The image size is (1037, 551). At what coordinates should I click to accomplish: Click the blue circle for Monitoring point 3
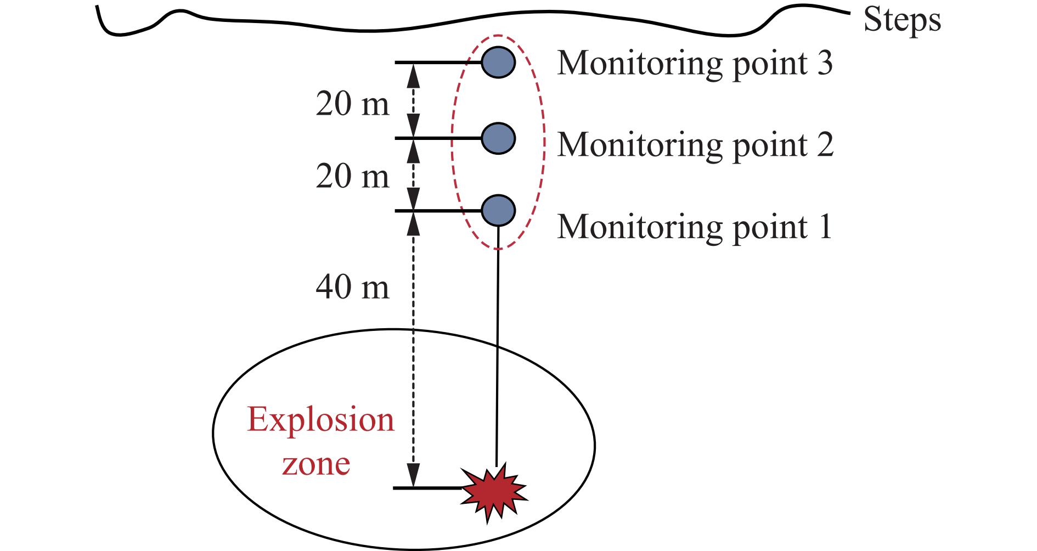click(498, 61)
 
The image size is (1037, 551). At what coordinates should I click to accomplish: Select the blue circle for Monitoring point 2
click(498, 138)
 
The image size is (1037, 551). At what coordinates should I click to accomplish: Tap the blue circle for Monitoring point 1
click(498, 210)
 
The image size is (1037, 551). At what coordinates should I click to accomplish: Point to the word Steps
click(902, 21)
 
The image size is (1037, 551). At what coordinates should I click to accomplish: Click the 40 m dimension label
click(352, 286)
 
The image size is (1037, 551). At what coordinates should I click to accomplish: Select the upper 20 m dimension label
click(352, 104)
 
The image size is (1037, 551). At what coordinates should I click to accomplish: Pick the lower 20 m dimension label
click(352, 177)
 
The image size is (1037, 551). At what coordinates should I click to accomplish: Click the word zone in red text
click(316, 464)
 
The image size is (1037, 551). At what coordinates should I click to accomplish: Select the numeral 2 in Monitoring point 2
click(824, 144)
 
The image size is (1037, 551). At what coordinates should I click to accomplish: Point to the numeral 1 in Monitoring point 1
click(824, 226)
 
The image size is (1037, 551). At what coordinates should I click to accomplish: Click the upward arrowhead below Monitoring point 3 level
click(413, 75)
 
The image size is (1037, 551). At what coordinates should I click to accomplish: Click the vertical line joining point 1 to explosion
click(497, 346)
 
